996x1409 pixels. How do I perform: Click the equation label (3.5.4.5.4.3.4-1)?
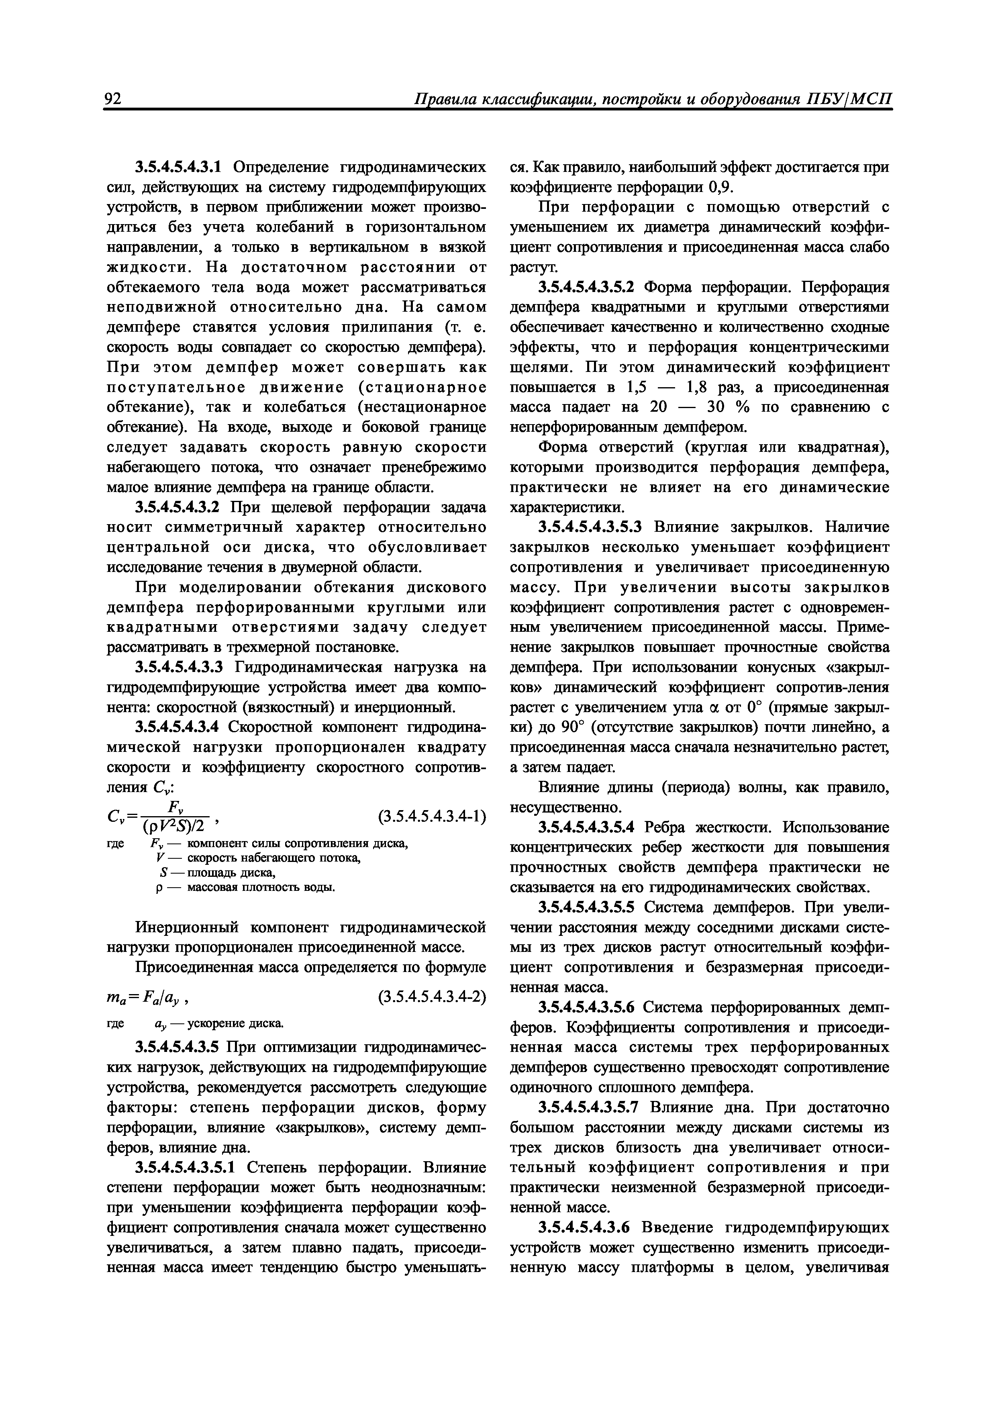click(x=432, y=817)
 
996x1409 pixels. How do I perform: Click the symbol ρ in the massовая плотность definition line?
click(x=158, y=887)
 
